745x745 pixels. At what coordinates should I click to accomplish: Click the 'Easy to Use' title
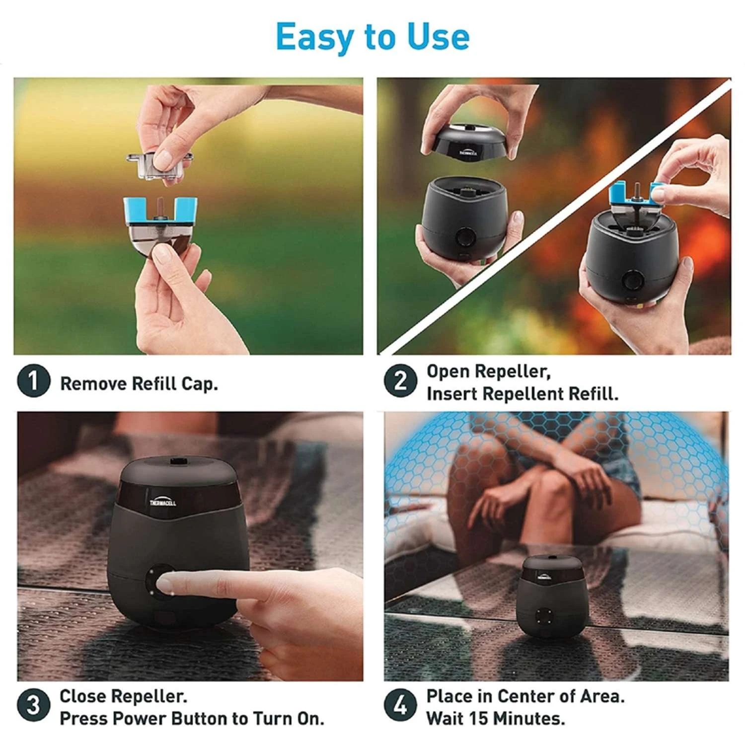point(372,37)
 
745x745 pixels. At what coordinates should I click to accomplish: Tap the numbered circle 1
point(33,381)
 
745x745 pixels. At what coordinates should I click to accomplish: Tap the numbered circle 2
point(400,381)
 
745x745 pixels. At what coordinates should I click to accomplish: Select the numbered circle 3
point(33,705)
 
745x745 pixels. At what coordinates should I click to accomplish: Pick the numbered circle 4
point(400,705)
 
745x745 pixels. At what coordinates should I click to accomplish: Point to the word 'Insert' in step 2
point(452,394)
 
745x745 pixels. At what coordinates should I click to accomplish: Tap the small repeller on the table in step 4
point(552,596)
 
